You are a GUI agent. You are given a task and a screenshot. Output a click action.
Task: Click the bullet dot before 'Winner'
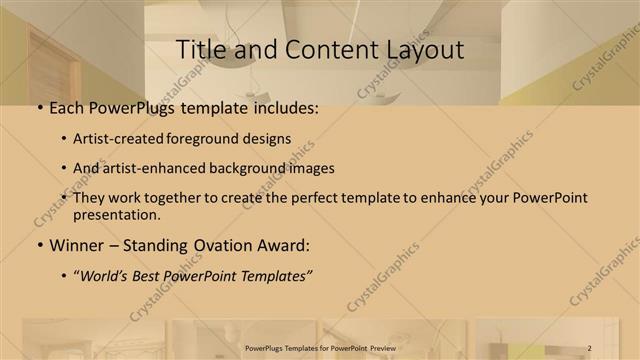click(39, 246)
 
